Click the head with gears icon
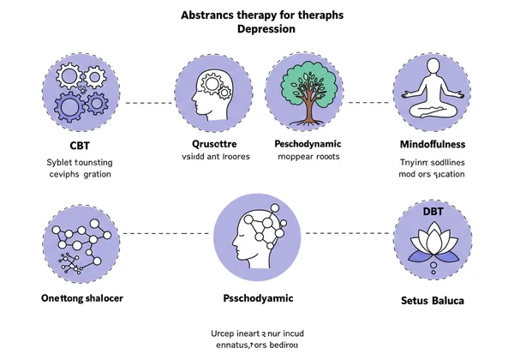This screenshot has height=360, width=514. pyautogui.click(x=215, y=90)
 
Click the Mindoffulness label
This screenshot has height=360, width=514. pyautogui.click(x=432, y=143)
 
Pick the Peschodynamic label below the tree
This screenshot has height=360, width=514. pyautogui.click(x=307, y=143)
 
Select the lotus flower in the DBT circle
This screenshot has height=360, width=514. pyautogui.click(x=432, y=244)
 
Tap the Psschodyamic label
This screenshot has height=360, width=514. pyautogui.click(x=257, y=298)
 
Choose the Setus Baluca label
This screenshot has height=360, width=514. pyautogui.click(x=432, y=300)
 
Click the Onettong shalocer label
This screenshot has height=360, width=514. pyautogui.click(x=81, y=298)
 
